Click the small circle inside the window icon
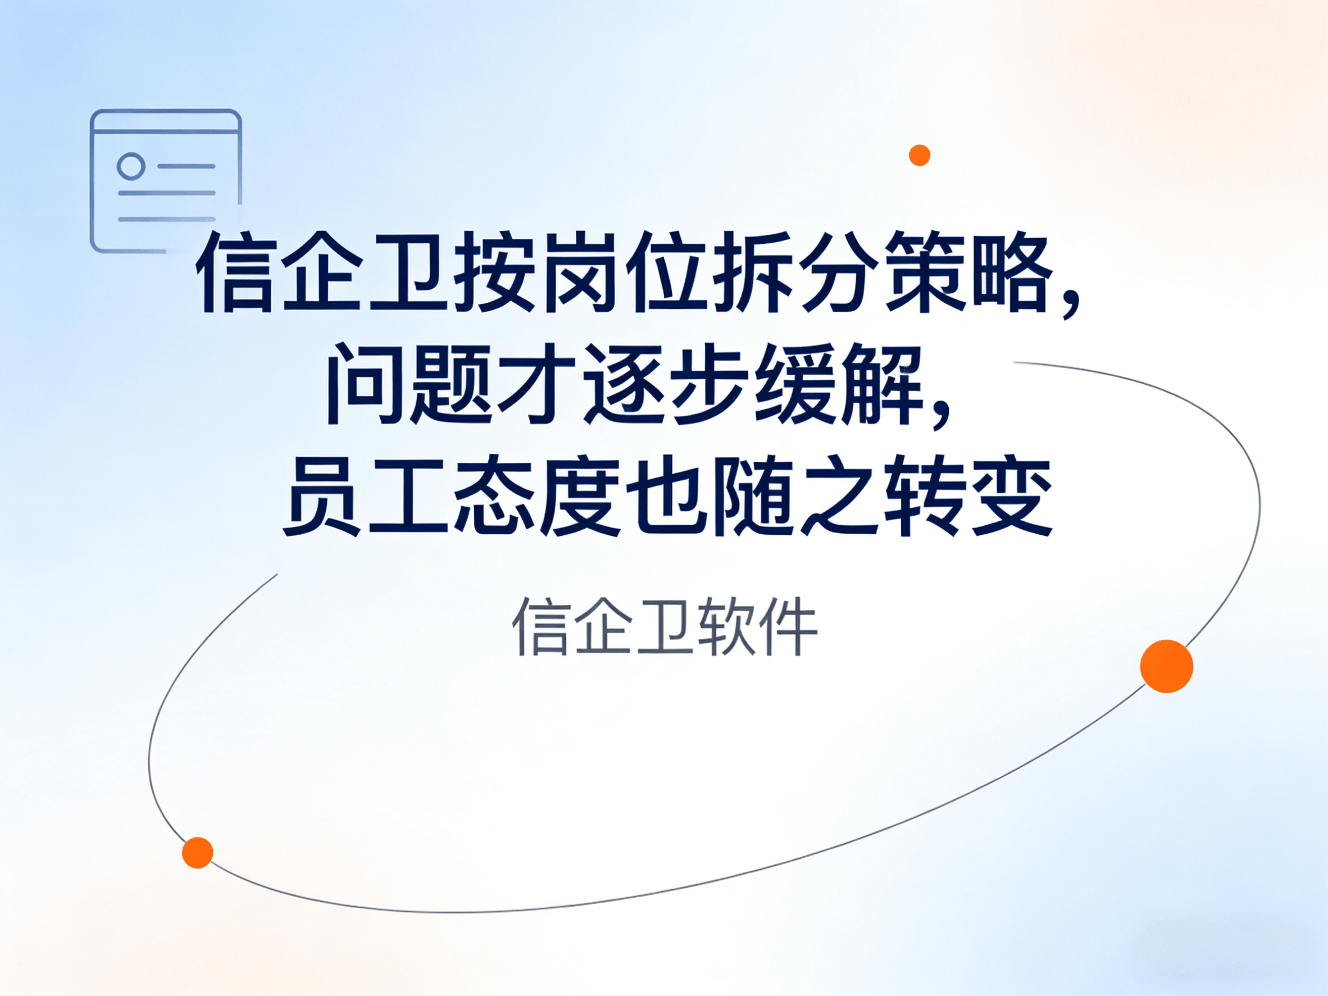(131, 166)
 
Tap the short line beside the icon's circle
(186, 166)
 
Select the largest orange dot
(1167, 666)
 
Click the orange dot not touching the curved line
(919, 155)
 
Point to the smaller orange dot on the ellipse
(198, 853)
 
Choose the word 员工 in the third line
(366, 495)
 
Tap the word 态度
(536, 495)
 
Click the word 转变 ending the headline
(968, 495)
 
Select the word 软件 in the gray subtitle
(757, 626)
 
